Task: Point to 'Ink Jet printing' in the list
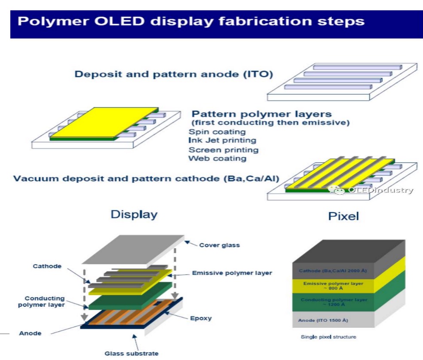(222, 140)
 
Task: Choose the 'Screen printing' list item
(224, 150)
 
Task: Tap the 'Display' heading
(134, 214)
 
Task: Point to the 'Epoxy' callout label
(199, 319)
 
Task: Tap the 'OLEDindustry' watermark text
(379, 190)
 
